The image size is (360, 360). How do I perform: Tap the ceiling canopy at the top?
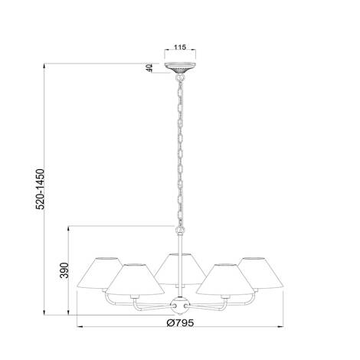pos(180,70)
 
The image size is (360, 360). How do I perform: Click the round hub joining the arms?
pos(180,305)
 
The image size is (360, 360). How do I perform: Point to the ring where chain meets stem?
pos(180,228)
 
